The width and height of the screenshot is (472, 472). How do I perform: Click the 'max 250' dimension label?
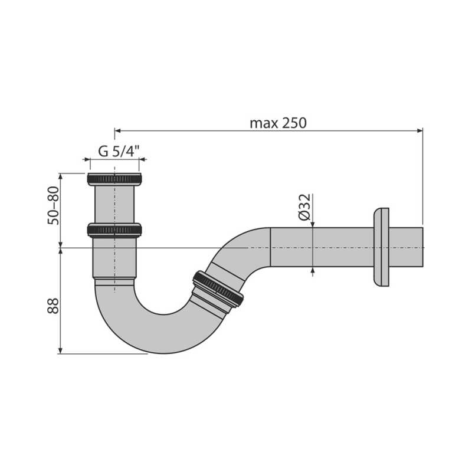coord(278,123)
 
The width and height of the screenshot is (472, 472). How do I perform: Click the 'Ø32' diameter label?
coord(305,207)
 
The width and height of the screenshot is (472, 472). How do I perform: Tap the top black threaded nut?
coord(114,179)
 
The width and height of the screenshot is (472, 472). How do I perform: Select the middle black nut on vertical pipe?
coord(114,230)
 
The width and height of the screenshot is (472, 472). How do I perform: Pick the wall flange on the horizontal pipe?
coord(381,247)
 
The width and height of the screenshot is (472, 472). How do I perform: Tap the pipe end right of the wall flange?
coord(407,247)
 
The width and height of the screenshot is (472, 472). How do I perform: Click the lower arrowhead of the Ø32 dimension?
coord(313,271)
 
